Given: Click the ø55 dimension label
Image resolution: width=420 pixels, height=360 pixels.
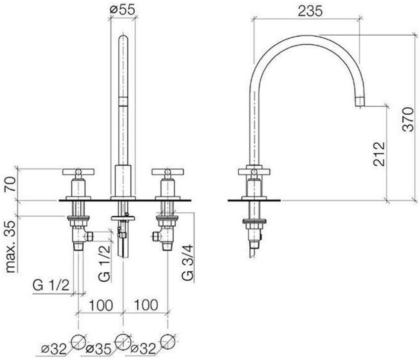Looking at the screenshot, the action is pyautogui.click(x=122, y=10).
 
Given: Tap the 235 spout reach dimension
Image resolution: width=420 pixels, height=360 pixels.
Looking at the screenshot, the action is pyautogui.click(x=310, y=11).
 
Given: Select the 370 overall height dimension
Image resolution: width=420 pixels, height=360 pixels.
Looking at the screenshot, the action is pyautogui.click(x=409, y=120).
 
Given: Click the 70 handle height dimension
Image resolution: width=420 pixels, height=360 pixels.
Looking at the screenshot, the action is pyautogui.click(x=11, y=184).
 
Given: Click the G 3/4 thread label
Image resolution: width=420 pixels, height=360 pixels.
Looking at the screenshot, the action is pyautogui.click(x=188, y=262).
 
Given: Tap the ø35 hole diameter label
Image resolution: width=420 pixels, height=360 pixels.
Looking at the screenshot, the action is pyautogui.click(x=98, y=349).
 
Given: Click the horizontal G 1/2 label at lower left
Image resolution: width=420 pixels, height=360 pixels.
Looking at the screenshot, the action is pyautogui.click(x=51, y=286).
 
